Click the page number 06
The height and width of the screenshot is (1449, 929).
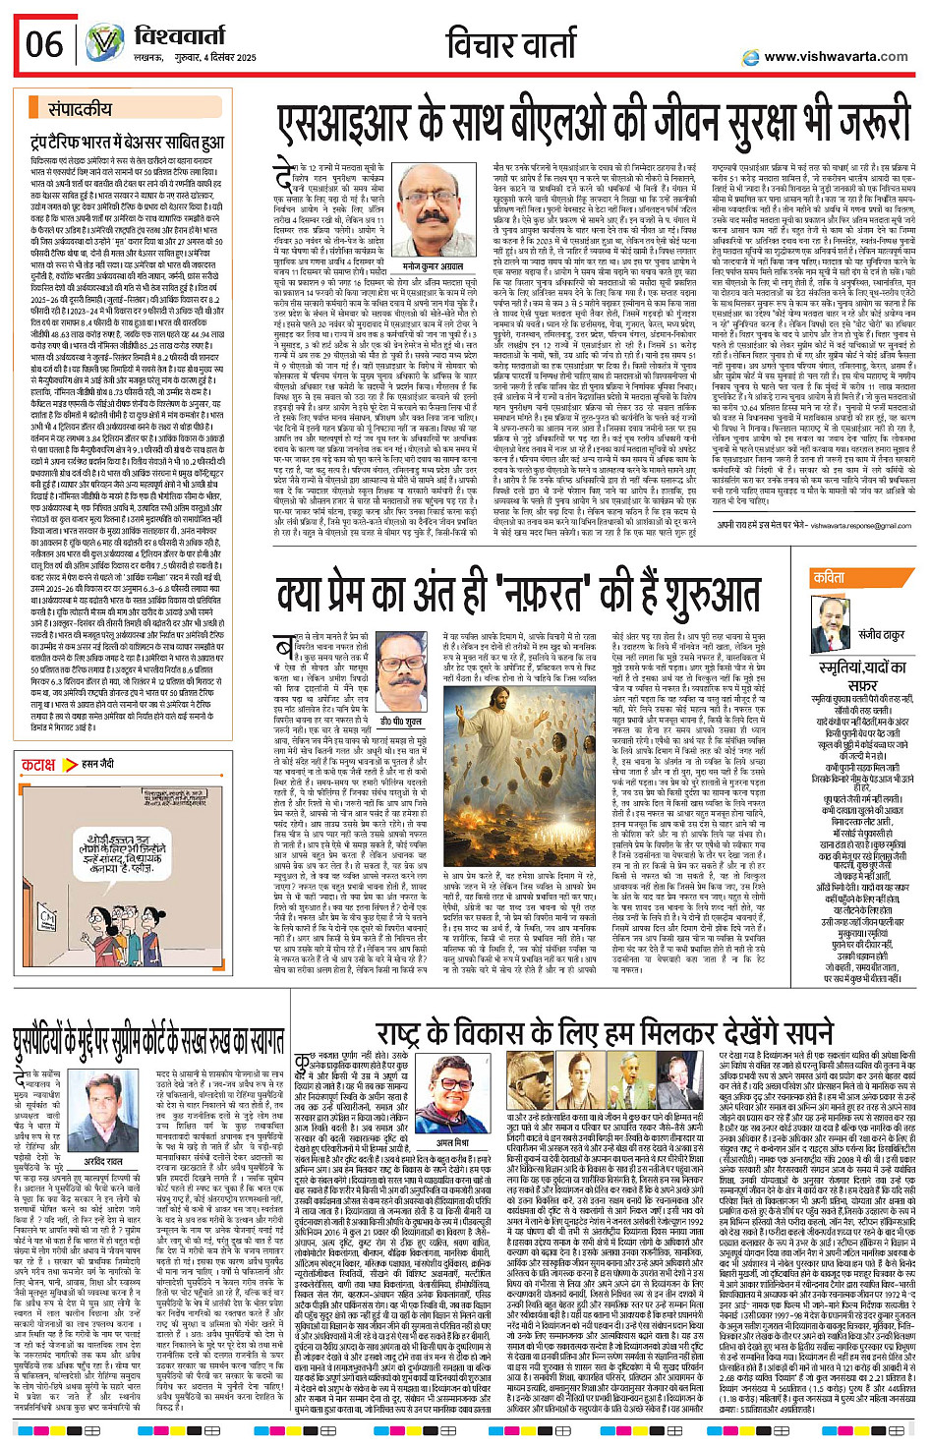pos(44,44)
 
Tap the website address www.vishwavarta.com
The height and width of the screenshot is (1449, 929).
pos(836,56)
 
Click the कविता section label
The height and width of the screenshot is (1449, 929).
pos(829,578)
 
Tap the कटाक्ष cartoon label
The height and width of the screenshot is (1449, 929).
pos(39,764)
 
